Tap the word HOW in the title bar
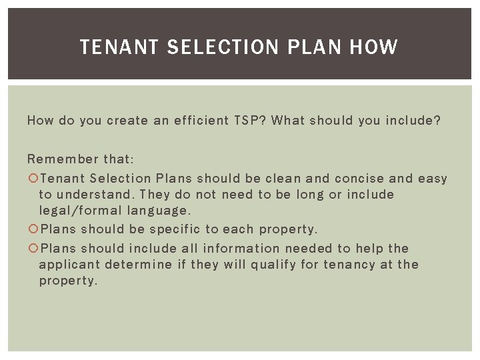point(373,47)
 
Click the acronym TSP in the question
point(248,121)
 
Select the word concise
point(359,178)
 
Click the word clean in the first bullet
point(283,178)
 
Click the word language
point(159,211)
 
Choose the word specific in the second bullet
point(175,229)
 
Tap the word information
point(241,248)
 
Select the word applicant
point(69,265)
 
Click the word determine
point(139,265)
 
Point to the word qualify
point(275,265)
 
